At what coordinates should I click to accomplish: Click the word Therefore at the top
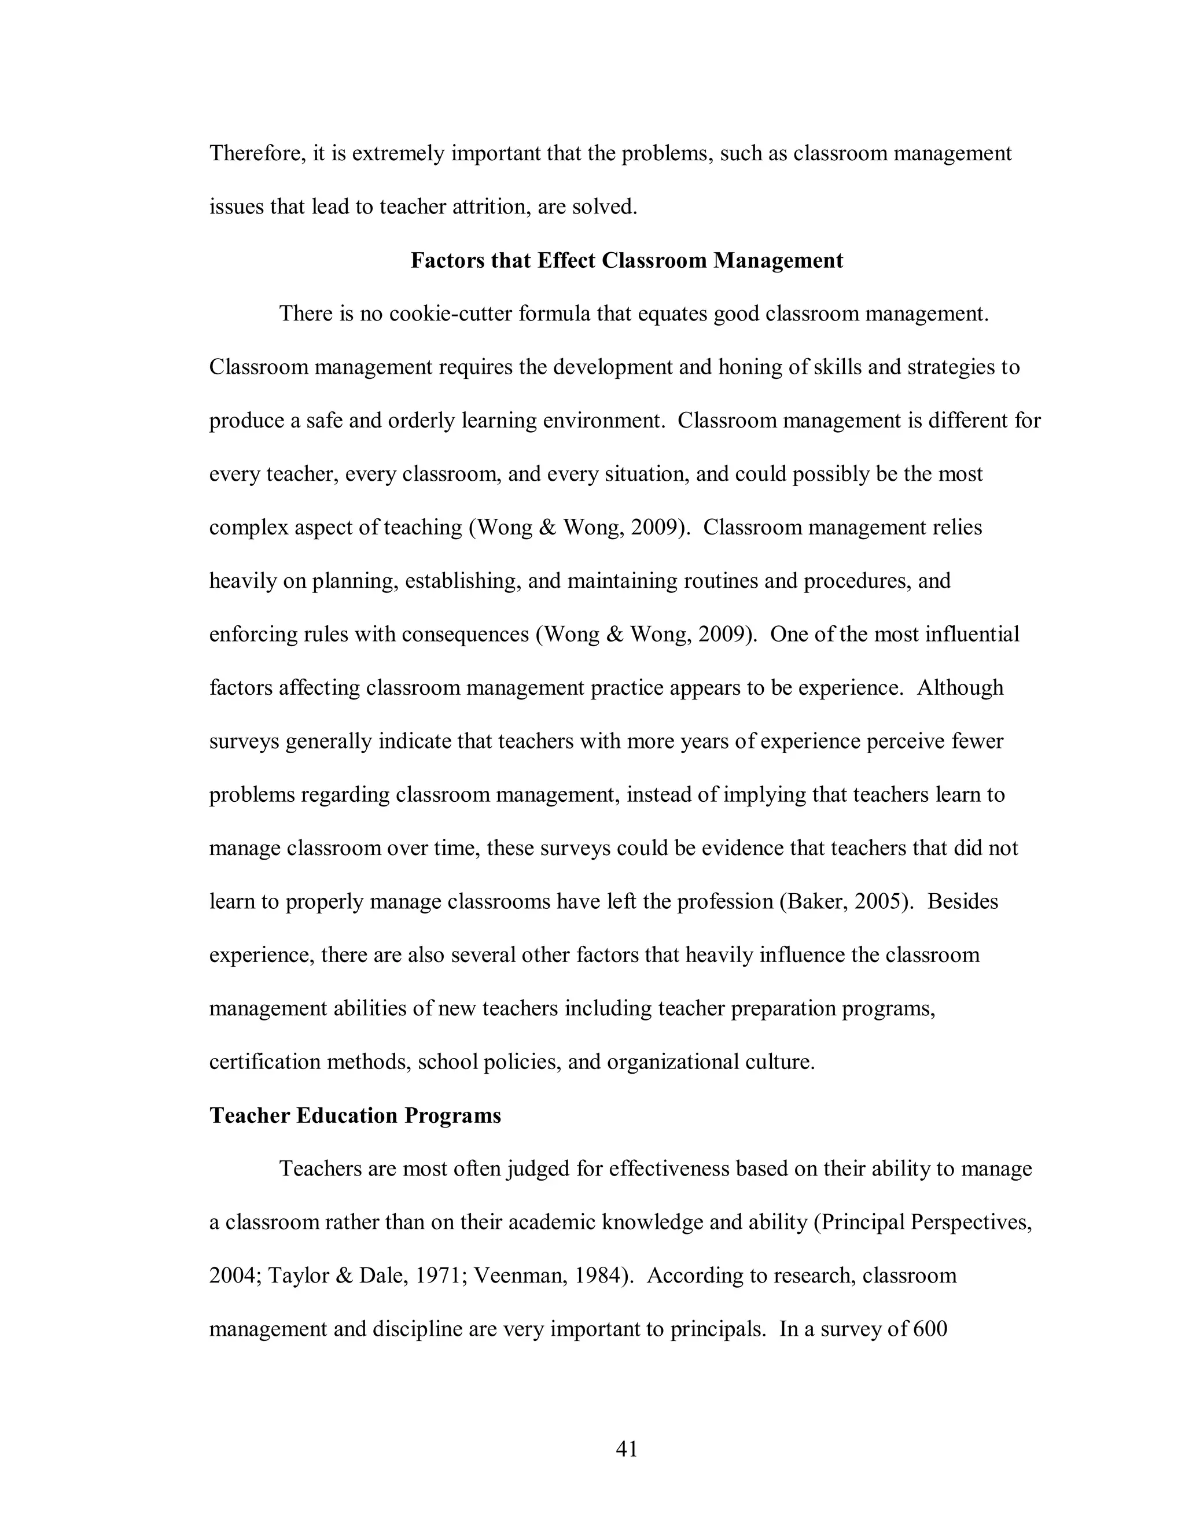pyautogui.click(x=256, y=153)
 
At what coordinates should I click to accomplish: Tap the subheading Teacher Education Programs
pyautogui.click(x=355, y=1115)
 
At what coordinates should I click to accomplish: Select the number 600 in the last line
pyautogui.click(x=931, y=1329)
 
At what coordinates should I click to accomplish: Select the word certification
pyautogui.click(x=266, y=1062)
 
